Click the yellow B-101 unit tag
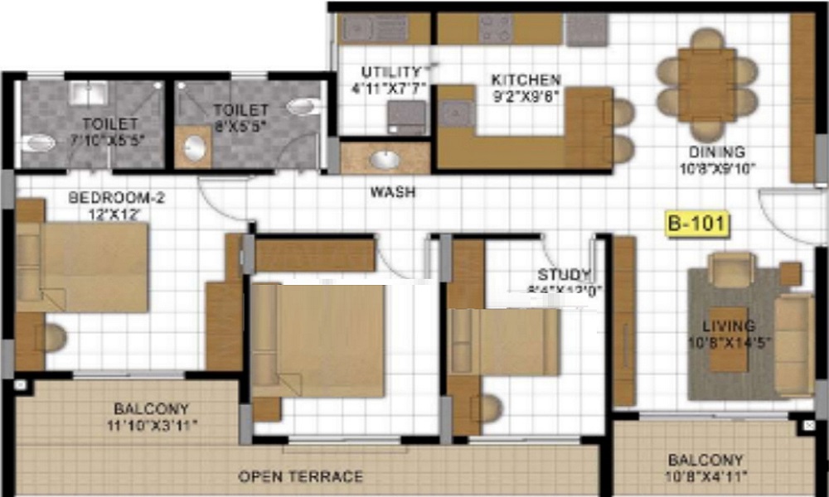(696, 224)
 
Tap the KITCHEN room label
(526, 80)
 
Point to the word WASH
(393, 192)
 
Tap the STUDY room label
(564, 275)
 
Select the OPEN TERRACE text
(300, 476)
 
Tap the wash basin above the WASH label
(385, 158)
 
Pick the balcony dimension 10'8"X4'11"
(705, 476)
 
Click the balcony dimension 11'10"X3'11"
(152, 425)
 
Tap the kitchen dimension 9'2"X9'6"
(526, 95)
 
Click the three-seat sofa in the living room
(793, 344)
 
